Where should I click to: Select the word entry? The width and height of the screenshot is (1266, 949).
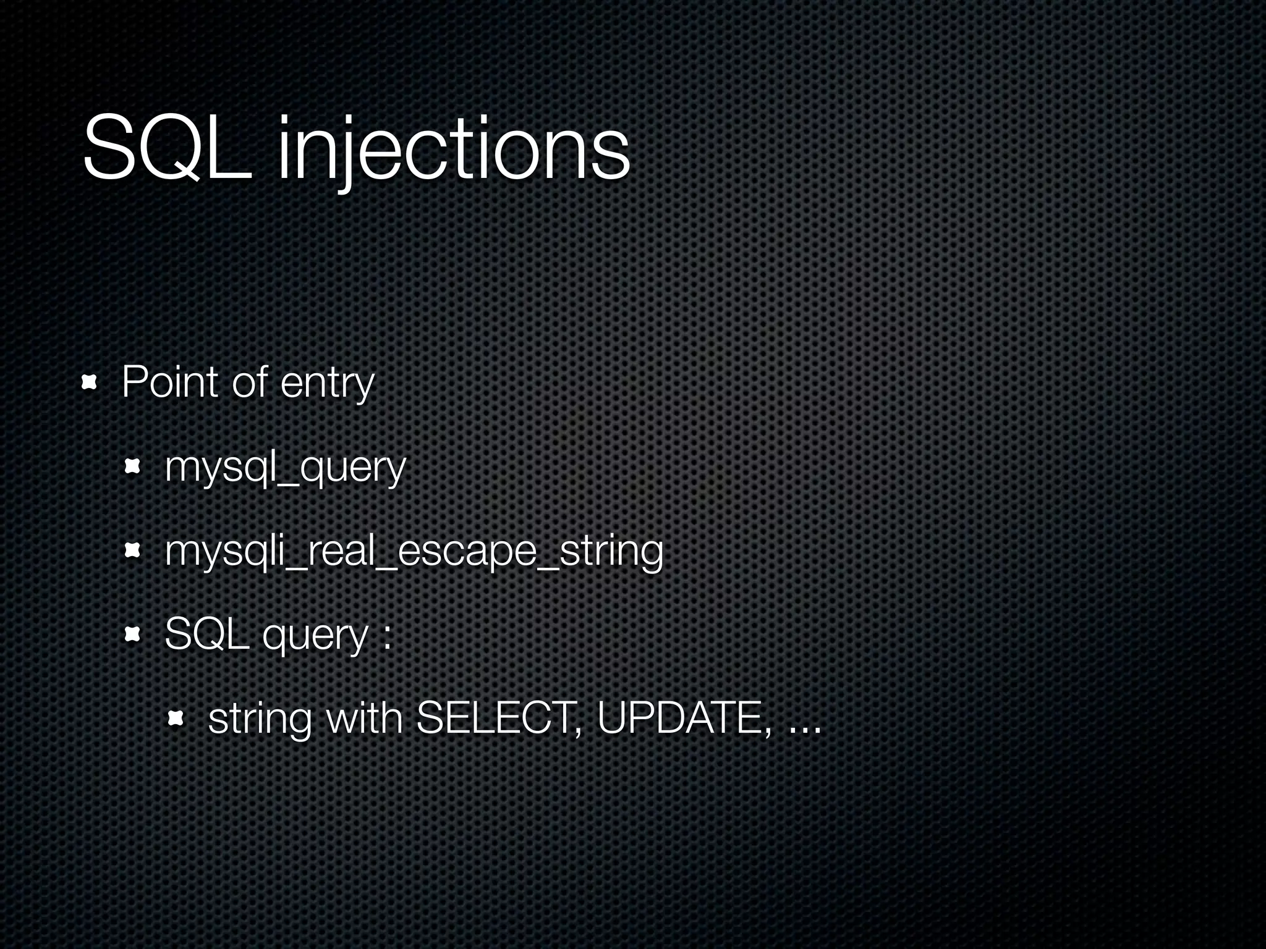(327, 384)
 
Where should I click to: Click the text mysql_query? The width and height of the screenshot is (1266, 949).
(285, 468)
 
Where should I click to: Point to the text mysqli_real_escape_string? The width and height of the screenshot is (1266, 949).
(414, 551)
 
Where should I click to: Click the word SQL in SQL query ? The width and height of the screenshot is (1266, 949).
(207, 635)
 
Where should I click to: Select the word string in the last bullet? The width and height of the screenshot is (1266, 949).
(260, 720)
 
